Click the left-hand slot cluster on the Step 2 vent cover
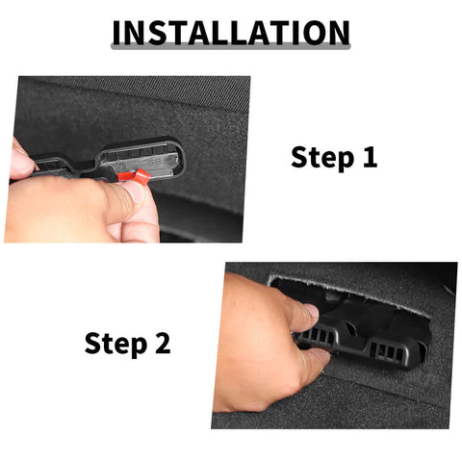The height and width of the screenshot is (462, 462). (317, 337)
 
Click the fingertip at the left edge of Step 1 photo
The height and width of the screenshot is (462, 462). (20, 158)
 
